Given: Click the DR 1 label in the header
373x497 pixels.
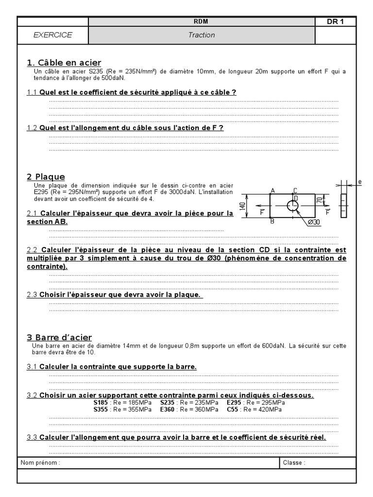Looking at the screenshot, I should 336,22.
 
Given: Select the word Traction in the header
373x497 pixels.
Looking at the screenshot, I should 202,35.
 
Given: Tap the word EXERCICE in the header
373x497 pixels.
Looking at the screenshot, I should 53,35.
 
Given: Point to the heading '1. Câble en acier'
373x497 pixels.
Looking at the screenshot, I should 64,63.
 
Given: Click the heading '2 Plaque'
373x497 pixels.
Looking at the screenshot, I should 46,177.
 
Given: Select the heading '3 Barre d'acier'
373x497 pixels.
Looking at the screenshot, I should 59,337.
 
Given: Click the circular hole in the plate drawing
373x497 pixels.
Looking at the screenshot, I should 292,205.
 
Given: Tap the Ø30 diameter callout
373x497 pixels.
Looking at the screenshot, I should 315,222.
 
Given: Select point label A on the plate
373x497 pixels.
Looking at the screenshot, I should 272,191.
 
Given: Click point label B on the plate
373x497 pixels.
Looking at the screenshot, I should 272,221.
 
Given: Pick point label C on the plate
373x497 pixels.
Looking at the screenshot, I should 295,191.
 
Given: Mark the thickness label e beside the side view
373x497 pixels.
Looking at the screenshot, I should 360,182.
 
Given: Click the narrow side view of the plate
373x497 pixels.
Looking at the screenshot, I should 344,206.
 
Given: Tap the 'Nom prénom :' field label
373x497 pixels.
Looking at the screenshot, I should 40,463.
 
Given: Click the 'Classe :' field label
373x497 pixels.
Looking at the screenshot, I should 294,463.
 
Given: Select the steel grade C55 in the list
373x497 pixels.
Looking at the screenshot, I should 233,410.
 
